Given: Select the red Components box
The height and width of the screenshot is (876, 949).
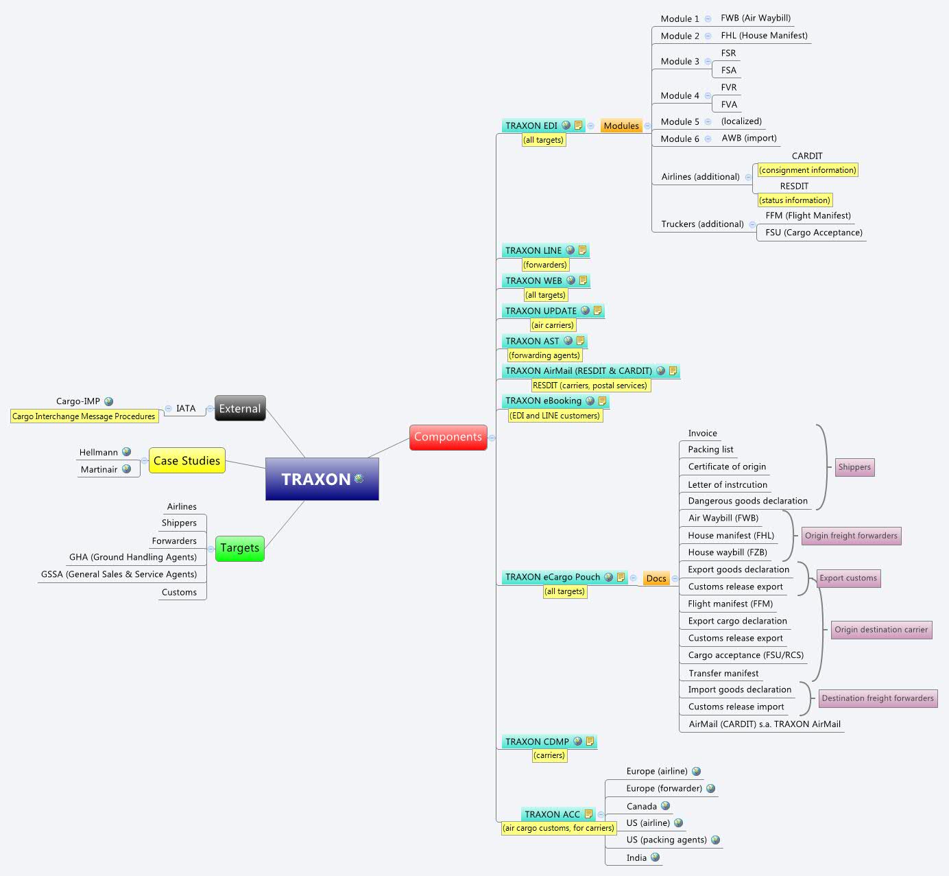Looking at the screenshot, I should point(448,437).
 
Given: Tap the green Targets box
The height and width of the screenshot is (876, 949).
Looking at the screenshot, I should point(239,548).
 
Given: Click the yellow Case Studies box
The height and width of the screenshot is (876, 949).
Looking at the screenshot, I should point(187,461).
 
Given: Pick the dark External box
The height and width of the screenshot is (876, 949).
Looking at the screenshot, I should point(239,408).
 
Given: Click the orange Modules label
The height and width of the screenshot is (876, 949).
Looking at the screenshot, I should point(621,126).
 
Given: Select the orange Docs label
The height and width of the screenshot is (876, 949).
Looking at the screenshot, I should point(656,578).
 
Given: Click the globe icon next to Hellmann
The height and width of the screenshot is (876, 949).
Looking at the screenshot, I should point(126,452).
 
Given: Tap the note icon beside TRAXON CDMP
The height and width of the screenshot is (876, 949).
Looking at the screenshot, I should point(590,741).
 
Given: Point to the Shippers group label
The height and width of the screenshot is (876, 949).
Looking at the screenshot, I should point(854,467).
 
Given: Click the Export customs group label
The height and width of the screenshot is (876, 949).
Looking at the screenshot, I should point(848,578).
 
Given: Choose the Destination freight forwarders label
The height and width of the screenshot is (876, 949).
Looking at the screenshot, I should point(877,698).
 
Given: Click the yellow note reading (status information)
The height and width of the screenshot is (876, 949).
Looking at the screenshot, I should point(795,200).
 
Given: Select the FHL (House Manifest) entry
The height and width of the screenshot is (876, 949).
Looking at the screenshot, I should point(764,36).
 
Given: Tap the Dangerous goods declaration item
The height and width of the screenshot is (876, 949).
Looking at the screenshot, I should point(747,501).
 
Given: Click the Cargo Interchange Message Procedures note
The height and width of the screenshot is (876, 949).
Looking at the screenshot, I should point(84,416).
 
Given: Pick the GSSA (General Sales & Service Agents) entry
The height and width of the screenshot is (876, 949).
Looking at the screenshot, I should point(119,574).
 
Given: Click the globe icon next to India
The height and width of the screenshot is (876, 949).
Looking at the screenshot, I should point(656,857).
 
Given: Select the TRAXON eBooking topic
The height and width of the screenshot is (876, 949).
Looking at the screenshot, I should point(543,401).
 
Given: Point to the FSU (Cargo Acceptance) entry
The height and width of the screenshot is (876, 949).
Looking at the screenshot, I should point(813,233).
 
